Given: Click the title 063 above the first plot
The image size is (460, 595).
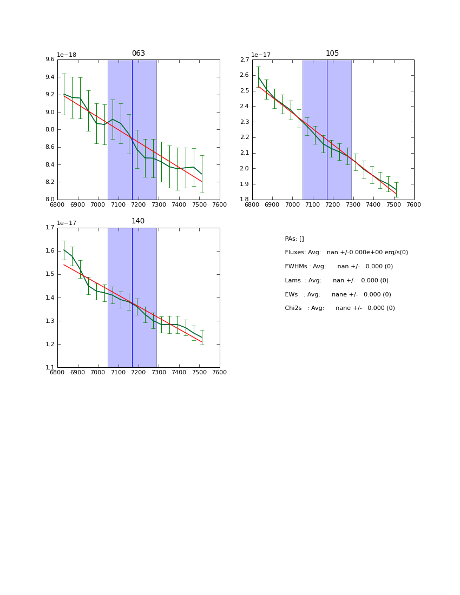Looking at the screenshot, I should pos(139,54).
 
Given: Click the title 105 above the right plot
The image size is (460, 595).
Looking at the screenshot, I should pos(332,54).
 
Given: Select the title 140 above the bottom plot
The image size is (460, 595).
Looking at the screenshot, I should pos(139,221).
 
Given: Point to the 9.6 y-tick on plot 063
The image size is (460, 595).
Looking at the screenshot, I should pos(50,59).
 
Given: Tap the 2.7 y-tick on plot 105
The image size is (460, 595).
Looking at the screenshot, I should pos(245,59).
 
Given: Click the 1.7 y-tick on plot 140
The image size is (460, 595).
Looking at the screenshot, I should pos(50,228).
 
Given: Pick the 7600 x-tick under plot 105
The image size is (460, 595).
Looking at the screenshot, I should pos(414,204).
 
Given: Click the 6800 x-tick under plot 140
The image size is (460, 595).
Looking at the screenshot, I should pos(57,372).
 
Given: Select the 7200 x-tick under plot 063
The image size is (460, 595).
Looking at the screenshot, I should pos(139,204).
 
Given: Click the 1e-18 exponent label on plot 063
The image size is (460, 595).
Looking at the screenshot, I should pos(67,55).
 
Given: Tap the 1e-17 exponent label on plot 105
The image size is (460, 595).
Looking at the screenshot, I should pos(261,55).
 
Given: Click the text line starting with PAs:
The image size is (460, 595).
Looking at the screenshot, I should pos(294,239).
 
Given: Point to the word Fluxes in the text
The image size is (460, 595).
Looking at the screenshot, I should pos(295,253).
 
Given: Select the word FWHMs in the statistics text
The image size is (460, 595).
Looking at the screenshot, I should pos(296,267).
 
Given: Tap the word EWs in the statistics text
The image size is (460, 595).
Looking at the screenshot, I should pos(292,295).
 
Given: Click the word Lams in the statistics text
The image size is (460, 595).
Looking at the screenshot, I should pos(293,281).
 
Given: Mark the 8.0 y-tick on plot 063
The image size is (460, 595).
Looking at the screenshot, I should pos(50,200).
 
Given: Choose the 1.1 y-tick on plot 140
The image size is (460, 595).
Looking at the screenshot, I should pos(50,368).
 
